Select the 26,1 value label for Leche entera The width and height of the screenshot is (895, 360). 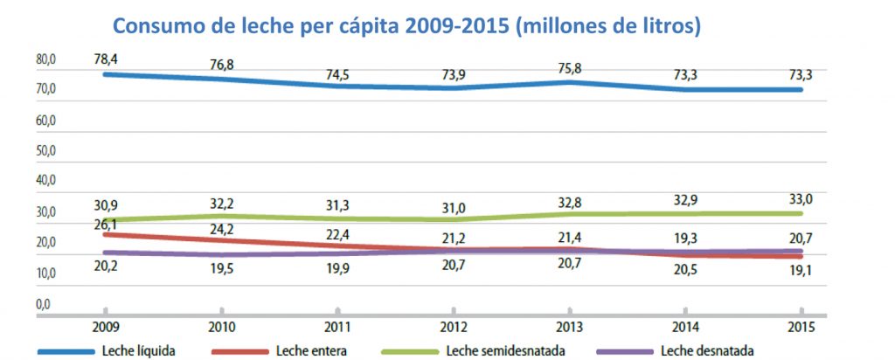click(x=105, y=225)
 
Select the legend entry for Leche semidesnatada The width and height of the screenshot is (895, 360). click(x=498, y=351)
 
